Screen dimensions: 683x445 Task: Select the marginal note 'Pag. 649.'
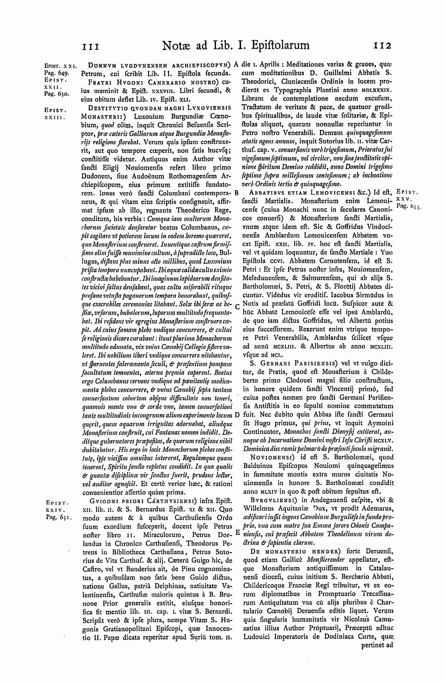click(x=55, y=70)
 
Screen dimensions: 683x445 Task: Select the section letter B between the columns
click(x=236, y=192)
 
